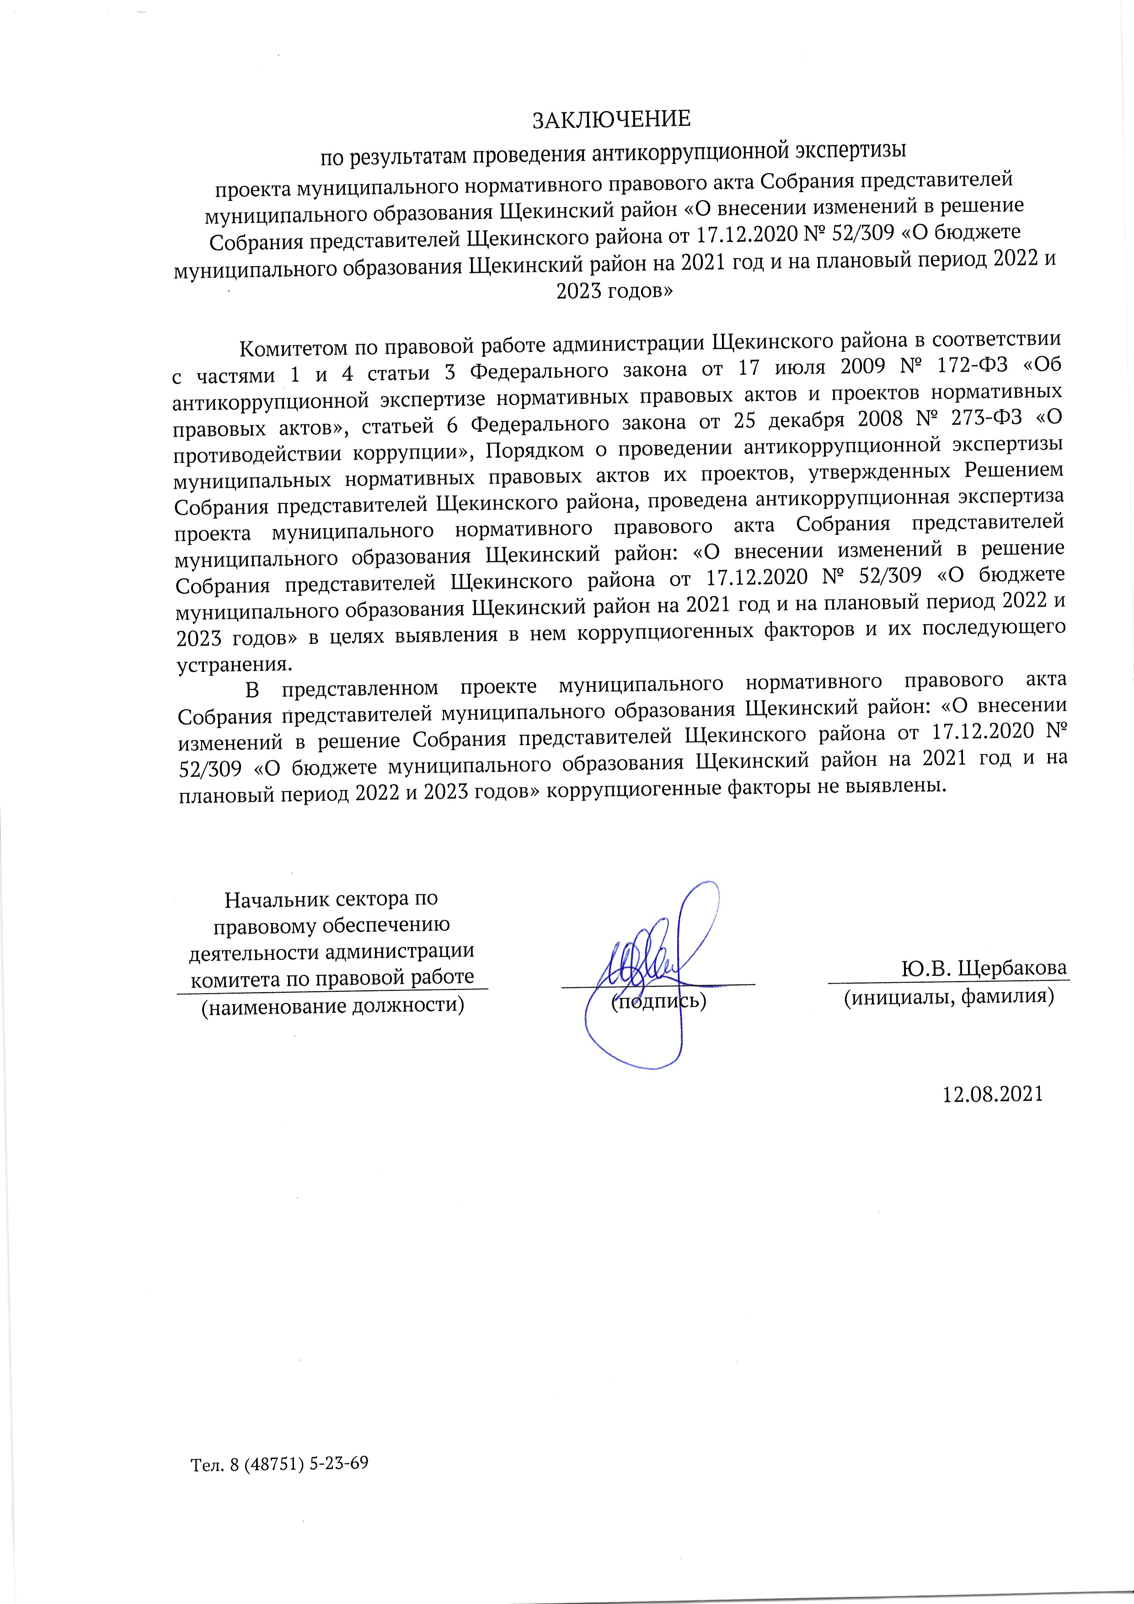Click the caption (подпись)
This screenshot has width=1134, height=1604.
pos(659,1000)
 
